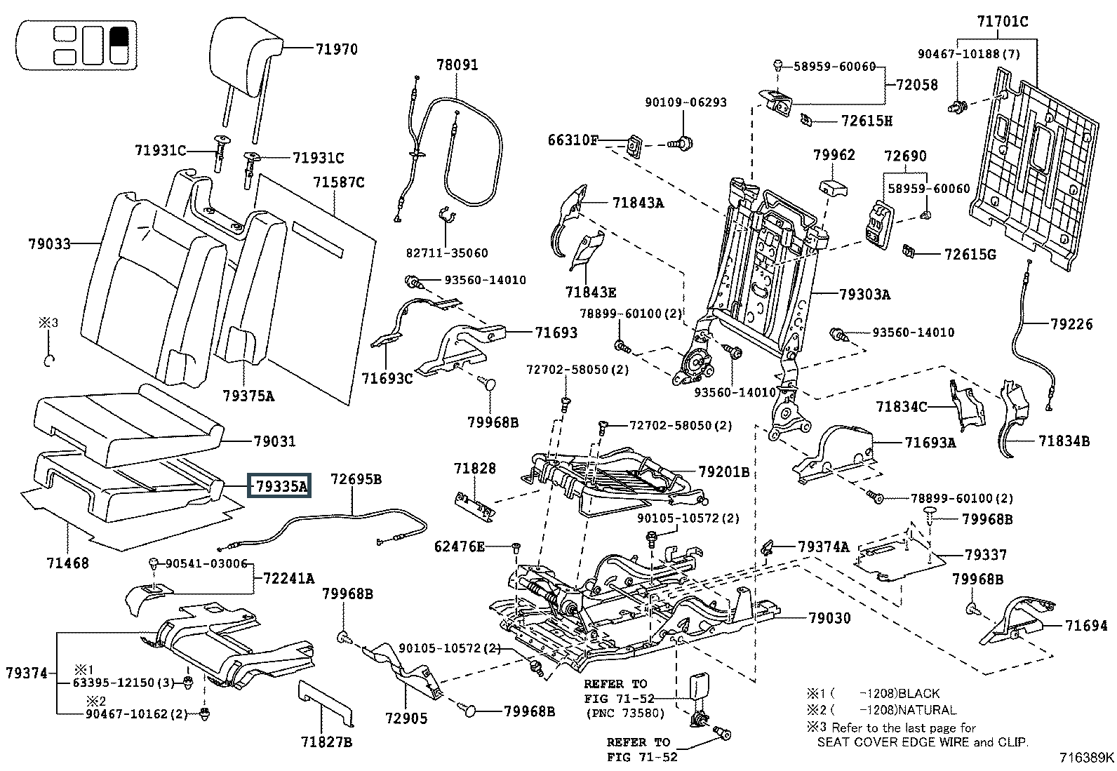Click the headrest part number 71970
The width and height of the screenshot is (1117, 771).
336,49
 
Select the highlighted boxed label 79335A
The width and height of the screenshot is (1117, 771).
281,486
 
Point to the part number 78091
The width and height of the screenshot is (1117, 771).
457,65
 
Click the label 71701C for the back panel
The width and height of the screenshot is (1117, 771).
1003,22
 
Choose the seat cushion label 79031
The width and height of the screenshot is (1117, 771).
274,441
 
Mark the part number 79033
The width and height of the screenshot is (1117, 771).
50,244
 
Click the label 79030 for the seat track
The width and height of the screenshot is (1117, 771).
829,618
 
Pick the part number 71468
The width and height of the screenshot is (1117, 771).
68,562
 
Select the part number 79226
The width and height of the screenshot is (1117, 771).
1071,324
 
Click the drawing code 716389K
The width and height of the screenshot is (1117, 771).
1087,758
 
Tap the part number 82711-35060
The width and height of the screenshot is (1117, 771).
447,253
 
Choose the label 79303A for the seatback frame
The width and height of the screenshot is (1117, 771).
864,295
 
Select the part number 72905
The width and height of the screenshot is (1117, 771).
406,718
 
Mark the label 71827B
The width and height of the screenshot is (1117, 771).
326,742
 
